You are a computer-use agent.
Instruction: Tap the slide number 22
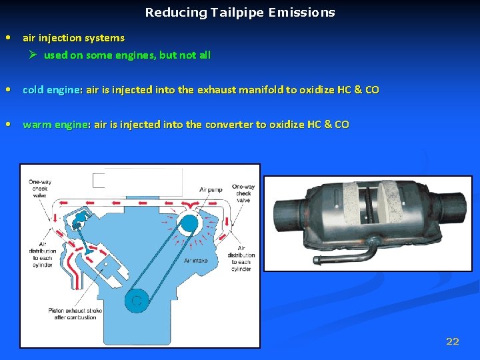452,342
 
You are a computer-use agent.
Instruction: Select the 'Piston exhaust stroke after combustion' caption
72,313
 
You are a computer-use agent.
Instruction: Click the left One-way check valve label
41,189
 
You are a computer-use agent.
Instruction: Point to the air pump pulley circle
189,223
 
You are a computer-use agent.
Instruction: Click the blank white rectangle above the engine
137,181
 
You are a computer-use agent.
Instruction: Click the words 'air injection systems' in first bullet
73,38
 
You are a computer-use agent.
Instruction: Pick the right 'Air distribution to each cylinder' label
241,258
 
